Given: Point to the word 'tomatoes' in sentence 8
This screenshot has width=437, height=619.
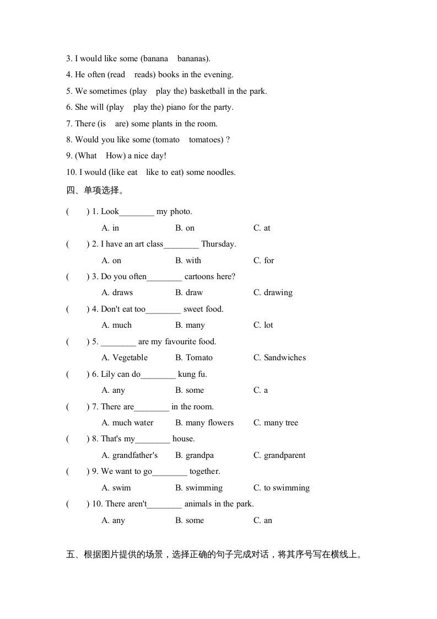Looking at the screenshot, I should click(x=206, y=140).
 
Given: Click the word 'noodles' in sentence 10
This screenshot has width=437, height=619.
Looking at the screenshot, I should click(x=220, y=172).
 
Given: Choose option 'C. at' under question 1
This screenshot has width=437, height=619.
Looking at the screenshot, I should click(x=262, y=228).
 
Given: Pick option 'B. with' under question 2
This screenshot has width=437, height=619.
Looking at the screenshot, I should click(x=188, y=260).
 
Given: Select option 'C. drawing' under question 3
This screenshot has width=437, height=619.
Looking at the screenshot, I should click(x=273, y=292).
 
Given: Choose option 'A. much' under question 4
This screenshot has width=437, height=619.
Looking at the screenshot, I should click(x=117, y=325).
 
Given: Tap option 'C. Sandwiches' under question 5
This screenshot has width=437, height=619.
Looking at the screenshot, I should click(x=279, y=357).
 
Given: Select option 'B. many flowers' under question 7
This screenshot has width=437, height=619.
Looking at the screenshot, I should click(x=204, y=423).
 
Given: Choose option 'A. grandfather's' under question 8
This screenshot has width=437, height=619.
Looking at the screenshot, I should click(x=130, y=455).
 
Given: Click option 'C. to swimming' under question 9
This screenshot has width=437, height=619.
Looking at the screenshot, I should click(x=281, y=488).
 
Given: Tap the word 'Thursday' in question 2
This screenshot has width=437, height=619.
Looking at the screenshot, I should click(x=218, y=244).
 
